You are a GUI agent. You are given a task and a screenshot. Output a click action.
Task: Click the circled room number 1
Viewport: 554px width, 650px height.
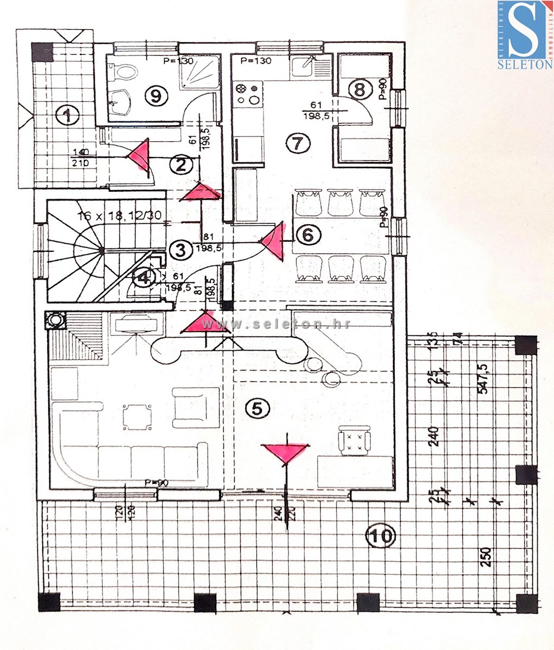coord(67,114)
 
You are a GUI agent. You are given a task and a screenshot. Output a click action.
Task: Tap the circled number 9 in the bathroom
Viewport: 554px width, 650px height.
coord(156,96)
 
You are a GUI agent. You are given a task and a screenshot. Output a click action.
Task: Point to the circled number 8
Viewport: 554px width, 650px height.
coord(359,89)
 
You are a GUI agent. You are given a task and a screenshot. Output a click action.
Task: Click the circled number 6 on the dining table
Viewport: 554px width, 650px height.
coord(307,235)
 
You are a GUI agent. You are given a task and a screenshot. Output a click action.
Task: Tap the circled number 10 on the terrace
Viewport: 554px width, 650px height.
coord(380,536)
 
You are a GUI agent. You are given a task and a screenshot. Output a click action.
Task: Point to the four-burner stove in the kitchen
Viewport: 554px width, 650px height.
coord(248,93)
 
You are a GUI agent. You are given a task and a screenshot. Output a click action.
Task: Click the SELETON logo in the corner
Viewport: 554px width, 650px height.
coord(524,35)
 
